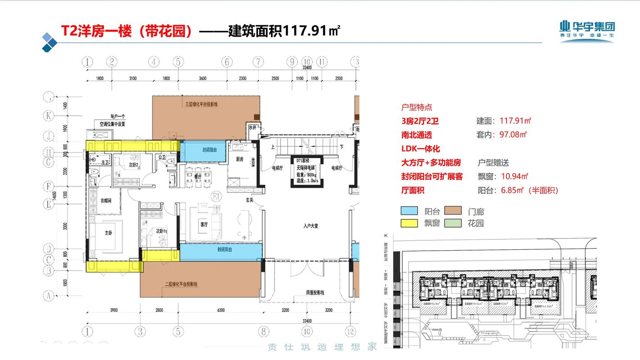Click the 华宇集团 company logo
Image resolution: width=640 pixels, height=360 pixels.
click(587, 31)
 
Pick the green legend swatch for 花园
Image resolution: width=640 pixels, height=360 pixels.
click(453, 223)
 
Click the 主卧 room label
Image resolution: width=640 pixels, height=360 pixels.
click(108, 233)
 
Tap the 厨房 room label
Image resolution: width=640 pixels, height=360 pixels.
click(240, 159)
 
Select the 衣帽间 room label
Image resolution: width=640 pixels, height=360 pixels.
click(106, 201)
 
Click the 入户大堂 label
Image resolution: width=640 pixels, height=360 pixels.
click(311, 226)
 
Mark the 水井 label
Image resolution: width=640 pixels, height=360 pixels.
click(252, 128)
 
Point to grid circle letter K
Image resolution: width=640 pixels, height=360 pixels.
click(48, 116)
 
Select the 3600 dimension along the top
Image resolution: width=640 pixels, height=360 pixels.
click(202, 79)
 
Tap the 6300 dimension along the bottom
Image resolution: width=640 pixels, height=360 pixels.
click(220, 310)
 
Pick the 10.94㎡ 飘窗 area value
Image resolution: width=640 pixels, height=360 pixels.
click(514, 176)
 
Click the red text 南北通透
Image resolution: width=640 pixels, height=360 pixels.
click(417, 135)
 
